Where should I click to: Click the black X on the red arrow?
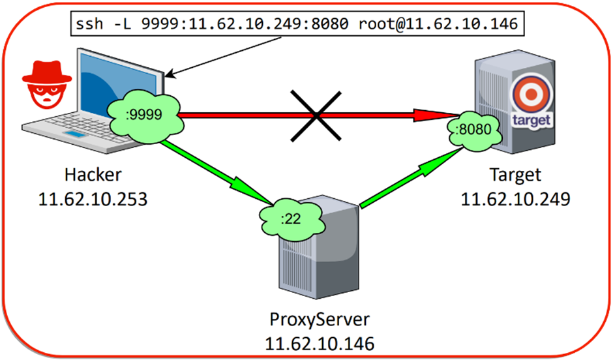pos(316,115)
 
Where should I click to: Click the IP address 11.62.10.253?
pos(93,198)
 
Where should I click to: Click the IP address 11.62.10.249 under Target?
pos(515,198)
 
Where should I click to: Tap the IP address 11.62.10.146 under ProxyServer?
pos(319,343)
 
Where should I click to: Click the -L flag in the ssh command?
pos(120,24)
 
